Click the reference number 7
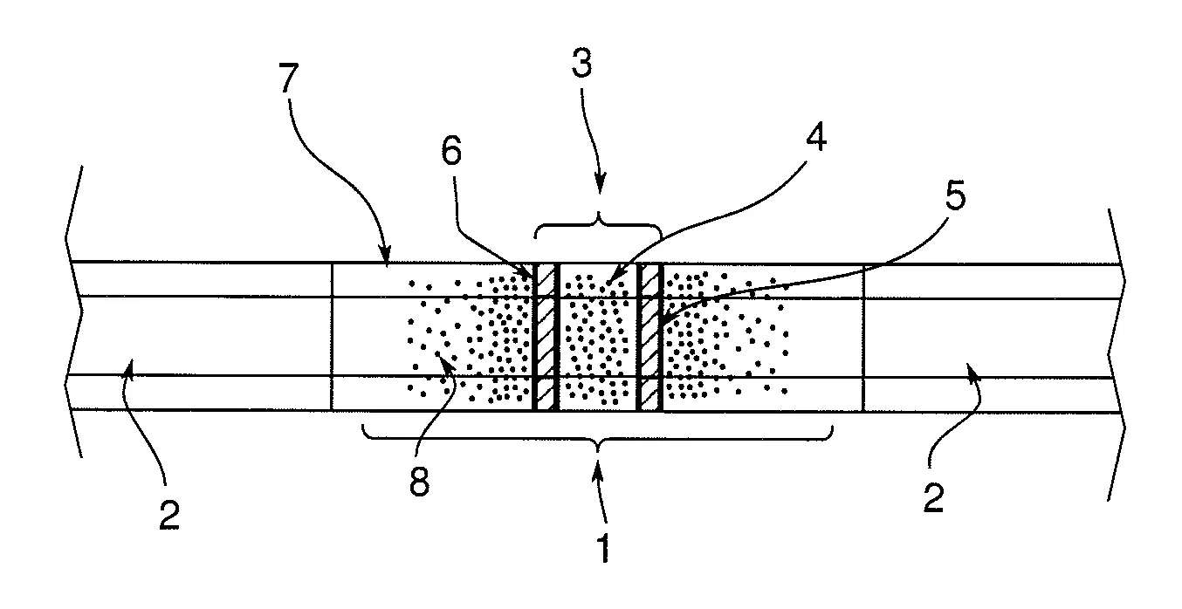point(289,78)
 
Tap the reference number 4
point(816,137)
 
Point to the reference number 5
point(956,195)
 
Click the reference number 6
point(451,150)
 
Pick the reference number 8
point(420,482)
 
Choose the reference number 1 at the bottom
point(604,549)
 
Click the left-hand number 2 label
point(169,515)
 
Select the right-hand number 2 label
point(933,497)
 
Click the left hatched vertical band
point(545,337)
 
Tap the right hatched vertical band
point(649,337)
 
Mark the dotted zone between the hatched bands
point(597,337)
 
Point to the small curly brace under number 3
point(599,226)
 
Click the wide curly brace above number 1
point(597,439)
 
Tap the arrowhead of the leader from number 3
point(600,185)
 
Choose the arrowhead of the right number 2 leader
point(972,368)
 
